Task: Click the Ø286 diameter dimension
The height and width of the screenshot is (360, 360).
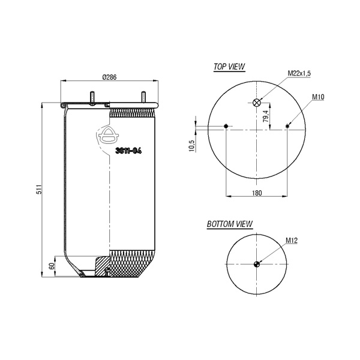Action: click(110, 77)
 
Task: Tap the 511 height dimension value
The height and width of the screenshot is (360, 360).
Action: click(39, 189)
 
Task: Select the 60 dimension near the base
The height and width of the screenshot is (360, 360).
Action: click(52, 266)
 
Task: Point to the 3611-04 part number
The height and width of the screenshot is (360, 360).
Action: click(128, 151)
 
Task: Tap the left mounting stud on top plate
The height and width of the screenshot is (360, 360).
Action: click(92, 98)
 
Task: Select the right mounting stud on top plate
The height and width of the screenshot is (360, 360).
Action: click(143, 97)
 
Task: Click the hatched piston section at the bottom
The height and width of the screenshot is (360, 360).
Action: click(102, 266)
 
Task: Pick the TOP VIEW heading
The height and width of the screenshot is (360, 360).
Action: click(229, 67)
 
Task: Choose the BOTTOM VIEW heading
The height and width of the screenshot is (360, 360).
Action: click(230, 224)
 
